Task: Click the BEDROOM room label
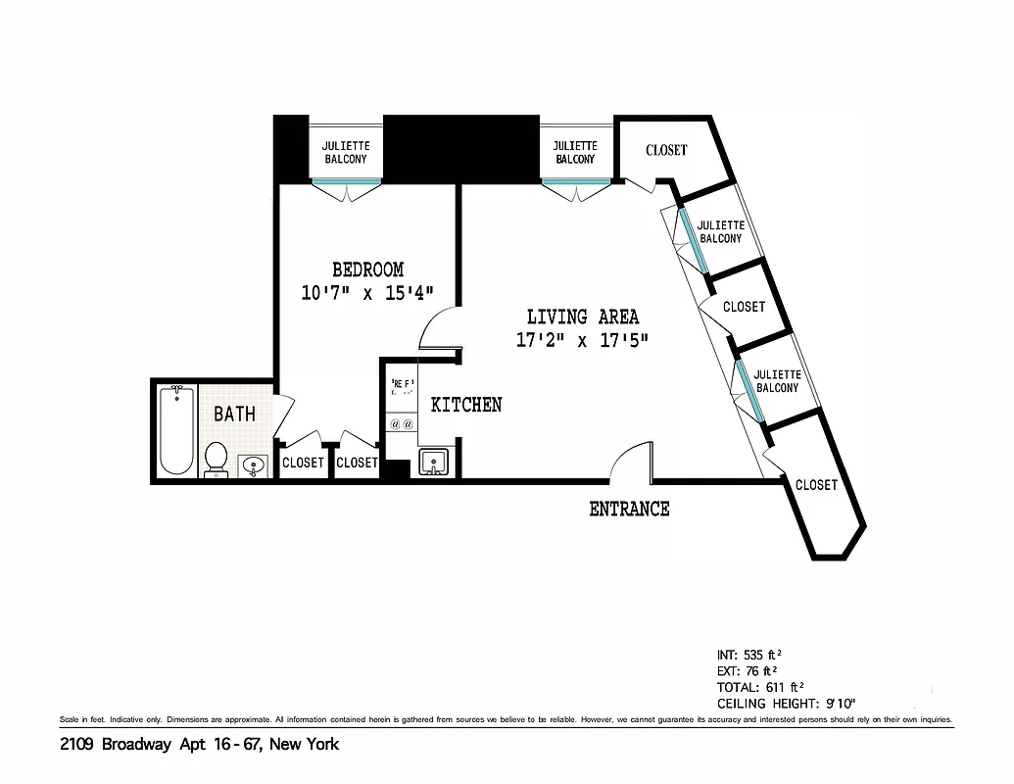[367, 269]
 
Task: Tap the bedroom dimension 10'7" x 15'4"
[367, 292]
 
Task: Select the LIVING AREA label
[583, 317]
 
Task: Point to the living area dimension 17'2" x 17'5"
[583, 341]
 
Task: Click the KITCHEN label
[466, 405]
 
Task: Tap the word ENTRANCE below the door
[629, 509]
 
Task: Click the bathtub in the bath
[177, 429]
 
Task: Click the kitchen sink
[432, 461]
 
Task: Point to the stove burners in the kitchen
[402, 424]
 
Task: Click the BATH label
[234, 414]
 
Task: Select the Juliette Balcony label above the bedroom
[346, 152]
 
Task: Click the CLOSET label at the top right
[666, 150]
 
